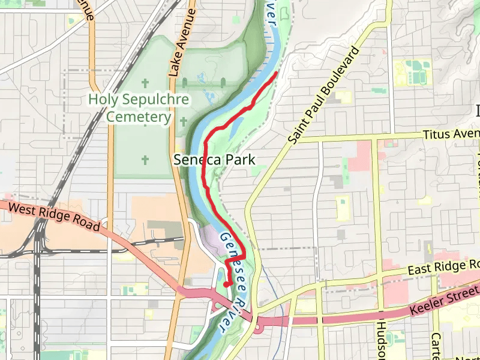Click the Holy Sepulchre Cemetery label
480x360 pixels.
click(x=139, y=108)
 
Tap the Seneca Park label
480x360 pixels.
click(x=214, y=160)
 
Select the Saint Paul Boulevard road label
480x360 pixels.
click(x=322, y=96)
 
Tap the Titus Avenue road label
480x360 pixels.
click(x=451, y=134)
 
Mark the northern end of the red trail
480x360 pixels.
click(x=276, y=73)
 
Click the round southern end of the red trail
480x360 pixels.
click(x=226, y=283)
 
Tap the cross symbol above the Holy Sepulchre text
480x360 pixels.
click(x=145, y=82)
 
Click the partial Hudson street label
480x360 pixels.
click(x=383, y=339)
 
